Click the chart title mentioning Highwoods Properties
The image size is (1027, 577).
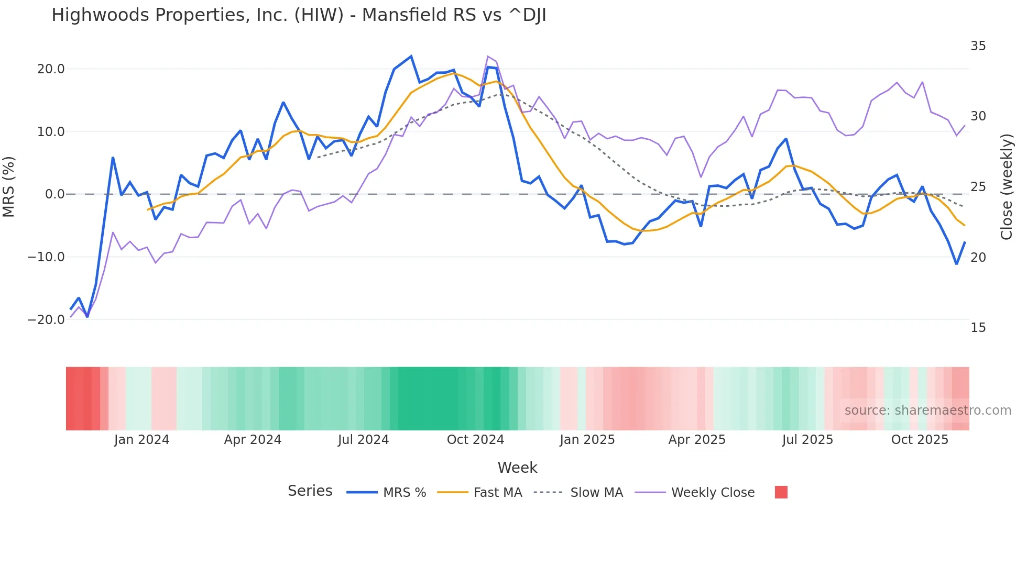coord(299,15)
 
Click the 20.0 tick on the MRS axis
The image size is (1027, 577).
coord(51,69)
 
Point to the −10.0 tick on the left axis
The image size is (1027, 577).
coord(46,257)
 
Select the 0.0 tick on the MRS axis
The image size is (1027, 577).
coord(54,194)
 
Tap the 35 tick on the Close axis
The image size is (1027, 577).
coord(978,46)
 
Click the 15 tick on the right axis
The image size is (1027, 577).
coord(978,328)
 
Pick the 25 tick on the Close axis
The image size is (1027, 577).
coord(978,187)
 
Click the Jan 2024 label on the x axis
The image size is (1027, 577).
coord(141,440)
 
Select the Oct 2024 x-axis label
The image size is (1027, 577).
coord(475,440)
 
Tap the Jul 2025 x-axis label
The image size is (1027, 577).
coord(807,440)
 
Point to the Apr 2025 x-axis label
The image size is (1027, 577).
coord(697,440)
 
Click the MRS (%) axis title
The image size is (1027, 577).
coord(9,186)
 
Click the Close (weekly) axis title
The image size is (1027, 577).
coord(1007,187)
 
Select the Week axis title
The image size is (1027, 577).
coord(517,468)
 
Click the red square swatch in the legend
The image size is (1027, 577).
coord(781,492)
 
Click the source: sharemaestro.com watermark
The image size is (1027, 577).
coord(927,410)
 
